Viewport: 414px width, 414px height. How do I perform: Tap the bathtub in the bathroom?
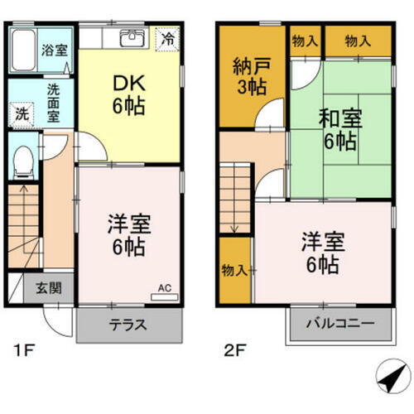coord(24,48)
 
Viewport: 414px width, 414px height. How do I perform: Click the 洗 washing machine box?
coord(20,115)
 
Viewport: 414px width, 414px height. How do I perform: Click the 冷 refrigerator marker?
coord(168,38)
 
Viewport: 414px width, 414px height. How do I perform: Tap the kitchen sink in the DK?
coord(132,38)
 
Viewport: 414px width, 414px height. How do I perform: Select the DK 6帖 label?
coord(128,94)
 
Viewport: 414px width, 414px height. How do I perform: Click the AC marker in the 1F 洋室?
coord(164,287)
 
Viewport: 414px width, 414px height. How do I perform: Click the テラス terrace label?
coord(128,325)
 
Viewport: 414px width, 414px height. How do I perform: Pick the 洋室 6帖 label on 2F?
coord(320,253)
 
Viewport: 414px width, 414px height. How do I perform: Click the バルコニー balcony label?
coord(339,324)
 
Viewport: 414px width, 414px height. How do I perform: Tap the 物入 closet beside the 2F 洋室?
coord(233,268)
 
